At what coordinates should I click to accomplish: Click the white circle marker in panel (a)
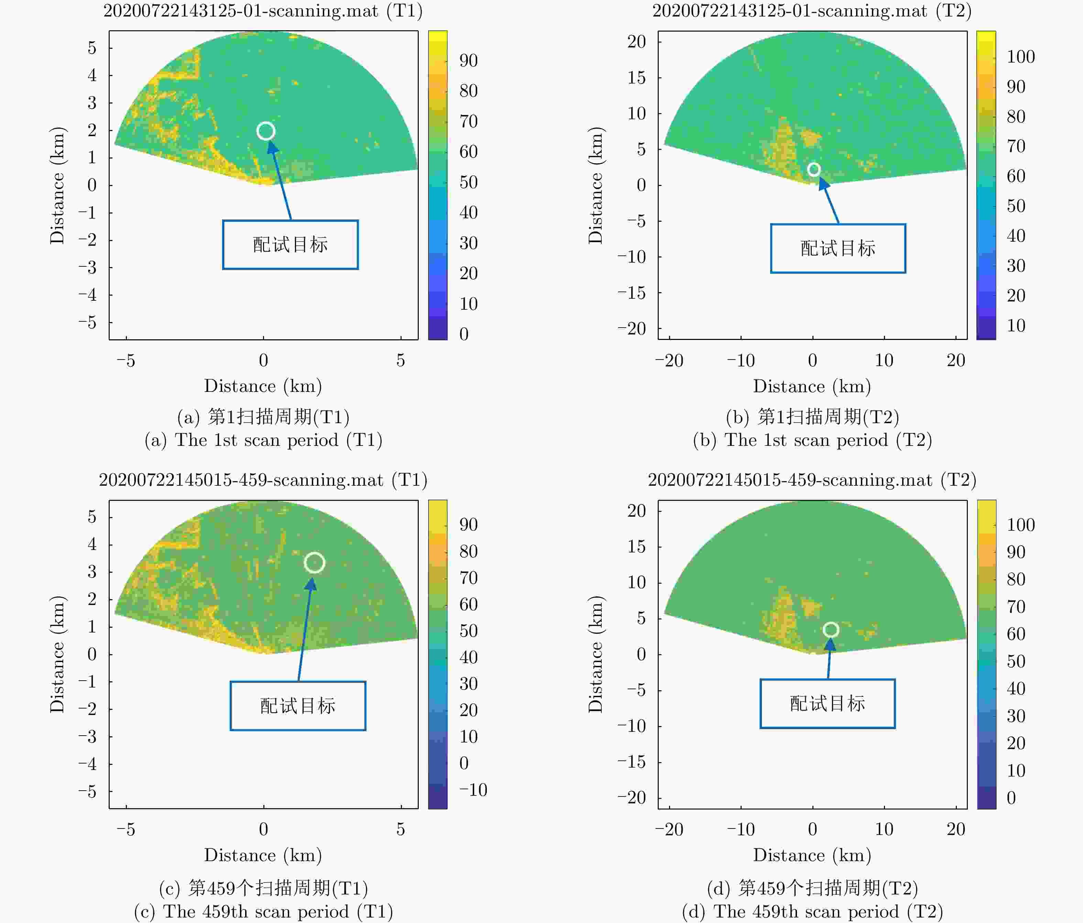265,131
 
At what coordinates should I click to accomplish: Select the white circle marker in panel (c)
314,563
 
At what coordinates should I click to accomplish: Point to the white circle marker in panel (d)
831,630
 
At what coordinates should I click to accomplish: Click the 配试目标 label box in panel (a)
290,245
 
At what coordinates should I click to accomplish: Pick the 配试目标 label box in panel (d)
828,703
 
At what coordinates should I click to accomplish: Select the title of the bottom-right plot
812,480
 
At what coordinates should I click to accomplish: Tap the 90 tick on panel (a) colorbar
468,61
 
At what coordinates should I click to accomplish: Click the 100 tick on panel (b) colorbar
1020,56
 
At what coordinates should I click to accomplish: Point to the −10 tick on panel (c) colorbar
473,790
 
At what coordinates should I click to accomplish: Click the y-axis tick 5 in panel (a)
92,47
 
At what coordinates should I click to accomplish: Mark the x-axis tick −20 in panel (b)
669,360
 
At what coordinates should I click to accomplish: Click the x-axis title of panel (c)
263,855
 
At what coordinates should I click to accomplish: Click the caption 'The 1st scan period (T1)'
263,440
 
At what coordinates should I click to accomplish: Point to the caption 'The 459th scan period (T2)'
812,912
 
